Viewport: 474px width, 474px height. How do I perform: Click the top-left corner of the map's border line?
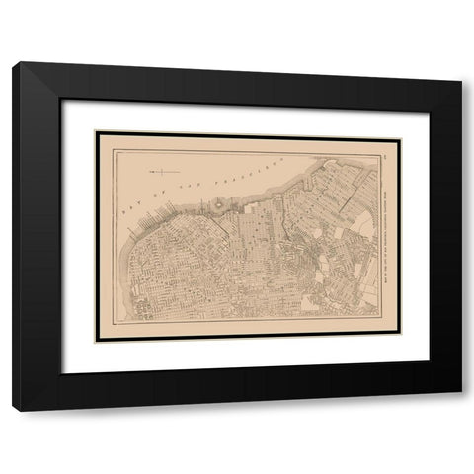(x=112, y=148)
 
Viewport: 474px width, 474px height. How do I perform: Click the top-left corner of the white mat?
(x=62, y=100)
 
